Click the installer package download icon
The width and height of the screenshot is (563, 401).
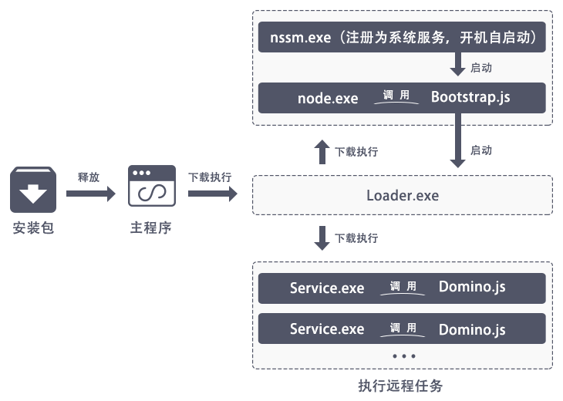(x=33, y=190)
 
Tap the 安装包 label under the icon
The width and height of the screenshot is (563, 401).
(x=33, y=228)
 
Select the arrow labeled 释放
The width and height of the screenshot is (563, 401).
(x=89, y=194)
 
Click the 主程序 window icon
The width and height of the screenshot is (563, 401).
(x=151, y=186)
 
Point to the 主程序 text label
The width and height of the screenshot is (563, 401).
(x=150, y=228)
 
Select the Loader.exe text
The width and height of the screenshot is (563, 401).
(x=402, y=195)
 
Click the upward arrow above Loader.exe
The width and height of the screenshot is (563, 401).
(x=322, y=151)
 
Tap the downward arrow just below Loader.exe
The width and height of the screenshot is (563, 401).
(x=322, y=238)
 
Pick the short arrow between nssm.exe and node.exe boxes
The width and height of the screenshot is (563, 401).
(x=457, y=64)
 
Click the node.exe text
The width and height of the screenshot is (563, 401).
(x=328, y=99)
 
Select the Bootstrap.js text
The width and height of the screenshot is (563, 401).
(x=470, y=98)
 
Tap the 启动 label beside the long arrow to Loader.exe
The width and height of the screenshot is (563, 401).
(x=481, y=150)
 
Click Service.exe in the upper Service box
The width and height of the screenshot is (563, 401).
(x=327, y=288)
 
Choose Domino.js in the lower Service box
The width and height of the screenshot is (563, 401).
(x=472, y=329)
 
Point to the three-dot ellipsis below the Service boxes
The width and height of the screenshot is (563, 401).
(x=403, y=356)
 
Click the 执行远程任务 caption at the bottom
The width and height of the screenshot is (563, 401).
(x=401, y=386)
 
